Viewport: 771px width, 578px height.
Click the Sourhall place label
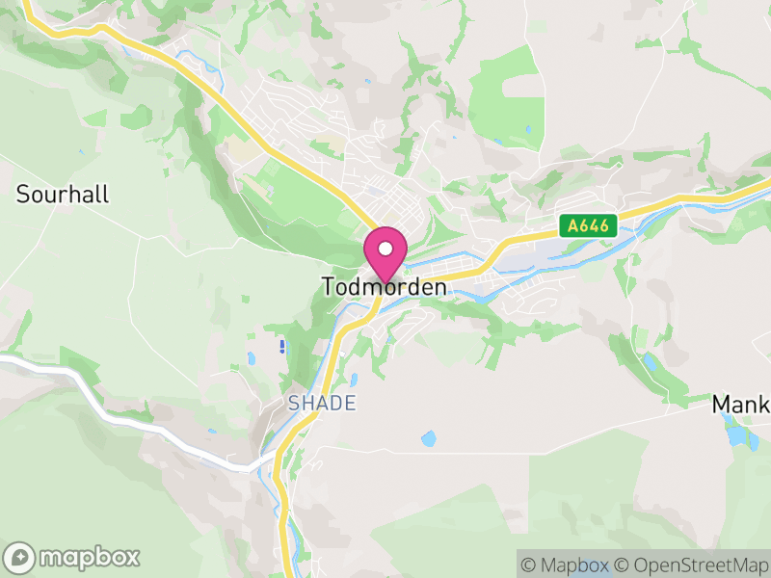pos(63,194)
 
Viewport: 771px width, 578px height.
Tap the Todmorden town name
pos(385,287)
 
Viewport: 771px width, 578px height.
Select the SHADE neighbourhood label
pos(322,403)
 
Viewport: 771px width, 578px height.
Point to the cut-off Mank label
pos(741,404)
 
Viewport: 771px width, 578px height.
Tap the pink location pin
pos(385,255)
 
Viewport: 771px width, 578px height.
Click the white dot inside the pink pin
pos(385,249)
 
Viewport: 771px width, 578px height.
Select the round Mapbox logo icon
pos(21,557)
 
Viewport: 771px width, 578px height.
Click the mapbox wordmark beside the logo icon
pos(89,557)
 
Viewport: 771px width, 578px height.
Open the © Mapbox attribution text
pos(565,565)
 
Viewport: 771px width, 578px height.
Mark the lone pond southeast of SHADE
pos(427,438)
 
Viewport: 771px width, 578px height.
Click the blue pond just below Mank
pos(737,435)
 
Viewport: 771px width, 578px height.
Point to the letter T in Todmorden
pos(329,287)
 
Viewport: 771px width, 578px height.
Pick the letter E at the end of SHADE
pos(350,403)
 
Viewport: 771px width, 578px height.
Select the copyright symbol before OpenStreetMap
pos(623,565)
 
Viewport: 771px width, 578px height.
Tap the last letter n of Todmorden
pos(440,287)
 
